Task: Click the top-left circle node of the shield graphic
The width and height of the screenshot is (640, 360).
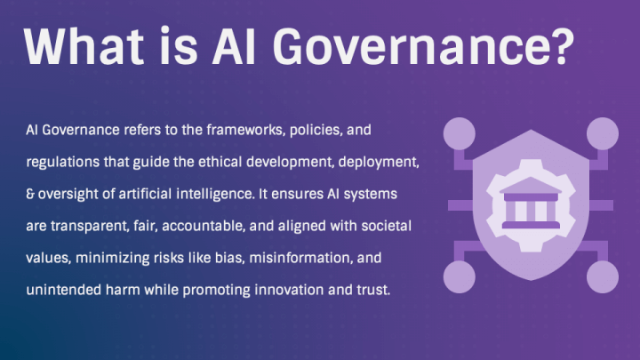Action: (x=460, y=133)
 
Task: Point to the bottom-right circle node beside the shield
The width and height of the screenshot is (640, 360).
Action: (x=601, y=275)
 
